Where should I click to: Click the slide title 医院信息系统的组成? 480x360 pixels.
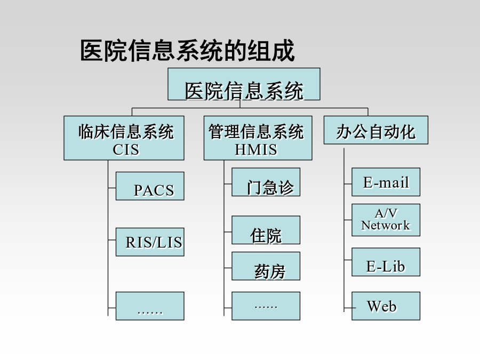(x=187, y=51)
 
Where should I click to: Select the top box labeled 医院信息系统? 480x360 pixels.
(x=244, y=84)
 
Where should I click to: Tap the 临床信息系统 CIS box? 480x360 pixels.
(x=124, y=138)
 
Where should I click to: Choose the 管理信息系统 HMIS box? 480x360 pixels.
(x=258, y=138)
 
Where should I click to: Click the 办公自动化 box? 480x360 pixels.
(x=376, y=130)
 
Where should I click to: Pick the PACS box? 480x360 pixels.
(x=150, y=186)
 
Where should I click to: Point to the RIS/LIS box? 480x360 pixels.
(x=150, y=242)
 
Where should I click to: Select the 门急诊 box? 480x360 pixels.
(x=266, y=182)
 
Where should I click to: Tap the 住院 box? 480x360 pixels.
(x=266, y=230)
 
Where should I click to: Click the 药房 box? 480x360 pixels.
(x=266, y=266)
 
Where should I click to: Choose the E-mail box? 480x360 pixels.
(x=386, y=182)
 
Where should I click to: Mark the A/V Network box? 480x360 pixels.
(x=386, y=220)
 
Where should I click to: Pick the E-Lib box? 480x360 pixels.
(x=386, y=262)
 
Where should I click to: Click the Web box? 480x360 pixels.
(x=386, y=306)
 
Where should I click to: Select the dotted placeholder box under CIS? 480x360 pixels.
(x=150, y=306)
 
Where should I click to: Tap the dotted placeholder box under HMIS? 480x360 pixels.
(x=266, y=306)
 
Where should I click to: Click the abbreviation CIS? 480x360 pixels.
(x=126, y=150)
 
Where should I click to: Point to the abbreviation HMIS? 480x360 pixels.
(x=256, y=150)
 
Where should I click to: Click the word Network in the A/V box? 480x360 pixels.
(x=386, y=226)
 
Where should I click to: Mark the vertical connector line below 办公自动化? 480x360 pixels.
(x=344, y=230)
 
